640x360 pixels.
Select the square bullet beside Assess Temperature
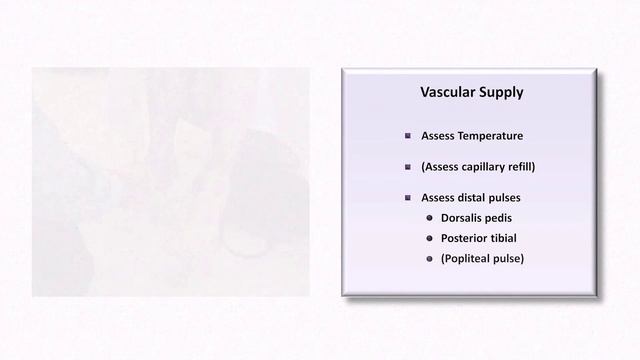(408, 136)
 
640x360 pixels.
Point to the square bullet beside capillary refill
(408, 167)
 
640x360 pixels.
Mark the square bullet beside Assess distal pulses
(408, 198)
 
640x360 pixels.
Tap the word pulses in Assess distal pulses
(517, 198)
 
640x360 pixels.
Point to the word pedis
(510, 218)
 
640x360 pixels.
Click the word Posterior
(467, 239)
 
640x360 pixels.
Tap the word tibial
(514, 239)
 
